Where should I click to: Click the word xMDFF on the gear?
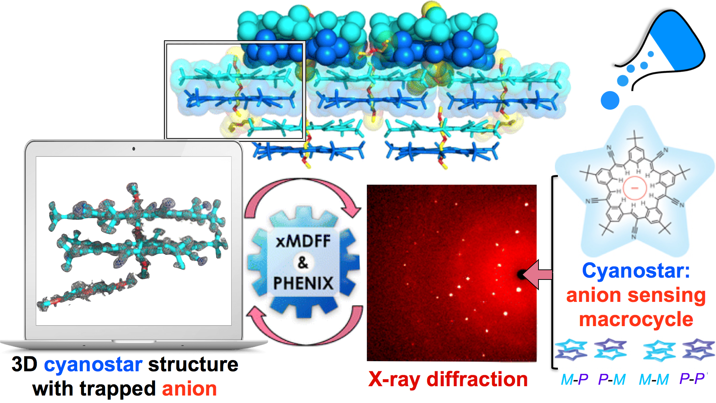tap(303, 241)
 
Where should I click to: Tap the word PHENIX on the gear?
tap(303, 283)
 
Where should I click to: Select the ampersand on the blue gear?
tap(303, 262)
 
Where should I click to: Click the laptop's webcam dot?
tap(134, 149)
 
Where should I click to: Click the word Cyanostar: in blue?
tap(636, 271)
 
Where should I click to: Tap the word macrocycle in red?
tap(636, 320)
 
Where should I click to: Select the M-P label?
tap(574, 380)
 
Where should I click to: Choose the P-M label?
tap(612, 380)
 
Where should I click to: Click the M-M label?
tap(653, 380)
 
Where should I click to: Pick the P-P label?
tap(692, 379)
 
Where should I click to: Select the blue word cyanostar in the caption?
tap(93, 365)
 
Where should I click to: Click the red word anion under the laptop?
tap(189, 389)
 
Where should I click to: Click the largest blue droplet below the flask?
tap(610, 100)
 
